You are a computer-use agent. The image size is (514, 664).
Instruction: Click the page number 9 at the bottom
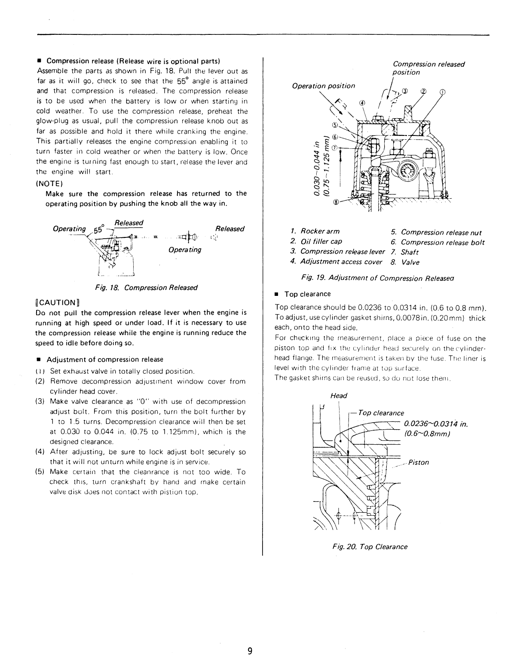(250, 651)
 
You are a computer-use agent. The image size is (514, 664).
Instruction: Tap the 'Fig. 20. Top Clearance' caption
(370, 547)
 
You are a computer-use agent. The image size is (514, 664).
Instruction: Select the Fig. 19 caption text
(378, 278)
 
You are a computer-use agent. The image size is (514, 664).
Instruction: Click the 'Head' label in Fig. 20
(339, 395)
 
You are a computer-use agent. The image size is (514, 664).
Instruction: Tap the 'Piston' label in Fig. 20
(418, 462)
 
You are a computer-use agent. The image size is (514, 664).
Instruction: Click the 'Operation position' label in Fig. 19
(323, 86)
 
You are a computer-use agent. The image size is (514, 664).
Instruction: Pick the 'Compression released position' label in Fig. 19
(428, 68)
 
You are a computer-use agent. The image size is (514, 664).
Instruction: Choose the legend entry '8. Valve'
(405, 262)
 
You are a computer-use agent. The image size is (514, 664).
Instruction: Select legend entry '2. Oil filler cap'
(316, 242)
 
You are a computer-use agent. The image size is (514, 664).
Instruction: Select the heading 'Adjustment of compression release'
(104, 360)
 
